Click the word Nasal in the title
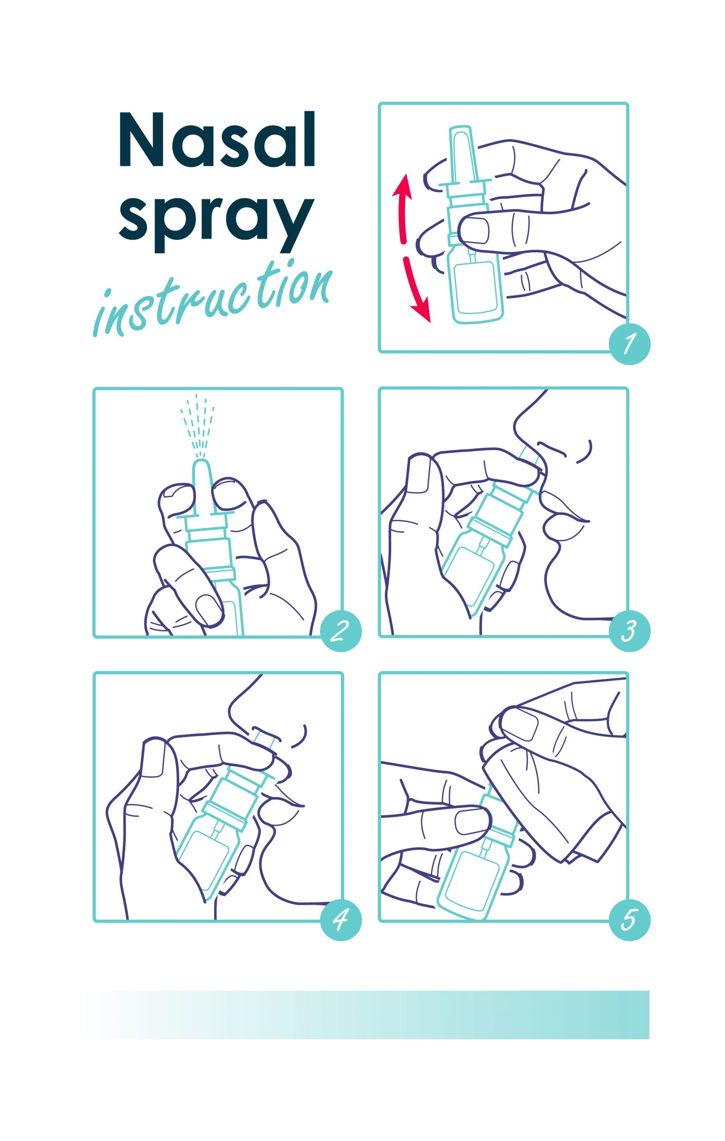click(x=217, y=140)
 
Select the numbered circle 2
click(x=341, y=630)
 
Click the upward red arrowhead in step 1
click(x=403, y=185)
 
